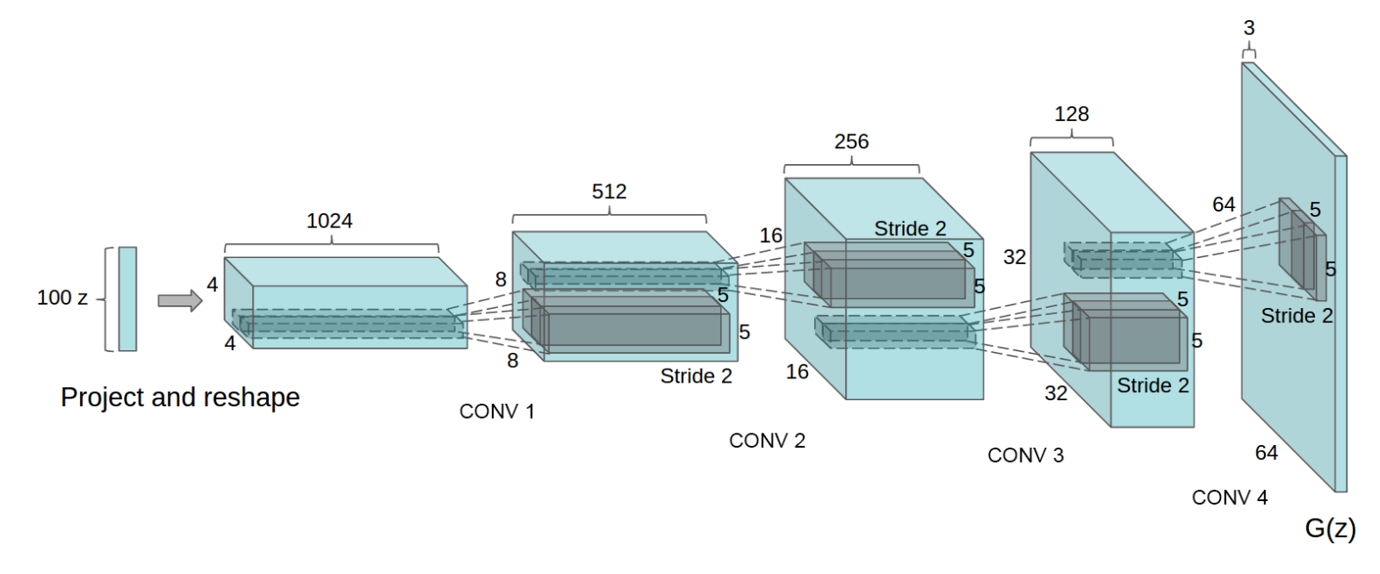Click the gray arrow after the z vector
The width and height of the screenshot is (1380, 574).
[x=179, y=300]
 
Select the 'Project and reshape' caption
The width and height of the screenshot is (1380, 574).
[x=180, y=398]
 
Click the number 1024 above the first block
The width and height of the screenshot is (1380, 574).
[x=329, y=221]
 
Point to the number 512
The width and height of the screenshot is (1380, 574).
[x=609, y=192]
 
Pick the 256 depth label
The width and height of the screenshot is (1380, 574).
[x=851, y=142]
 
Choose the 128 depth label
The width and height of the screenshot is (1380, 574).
[x=1072, y=115]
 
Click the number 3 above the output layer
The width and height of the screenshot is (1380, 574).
[x=1249, y=29]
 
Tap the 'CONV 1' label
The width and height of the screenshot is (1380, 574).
[x=496, y=412]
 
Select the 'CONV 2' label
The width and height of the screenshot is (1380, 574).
[x=767, y=441]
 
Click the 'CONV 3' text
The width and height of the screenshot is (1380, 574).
[x=1025, y=456]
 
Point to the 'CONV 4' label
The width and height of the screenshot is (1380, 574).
[x=1229, y=498]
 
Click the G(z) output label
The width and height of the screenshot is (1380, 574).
[x=1330, y=528]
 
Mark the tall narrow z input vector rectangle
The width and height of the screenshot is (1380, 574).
[x=127, y=298]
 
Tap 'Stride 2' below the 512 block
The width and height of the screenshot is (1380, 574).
[x=696, y=377]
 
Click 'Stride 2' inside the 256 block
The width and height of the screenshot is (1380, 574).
[x=910, y=229]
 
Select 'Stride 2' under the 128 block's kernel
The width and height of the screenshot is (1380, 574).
[x=1152, y=386]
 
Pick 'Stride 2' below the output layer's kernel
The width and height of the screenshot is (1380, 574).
[x=1297, y=316]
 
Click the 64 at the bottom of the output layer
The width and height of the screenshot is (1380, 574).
[x=1266, y=453]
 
